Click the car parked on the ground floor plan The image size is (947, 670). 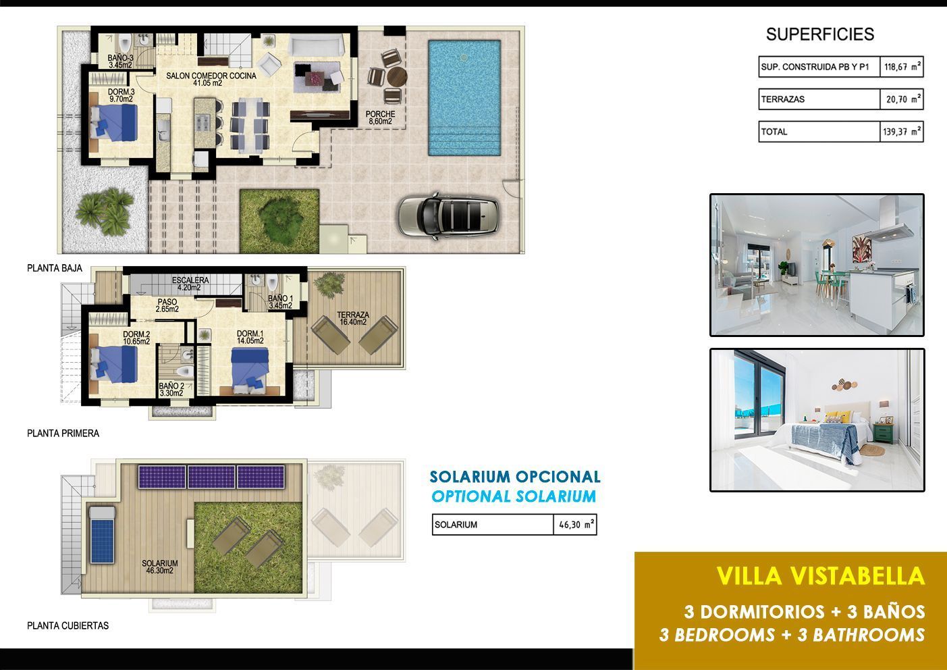click(449, 216)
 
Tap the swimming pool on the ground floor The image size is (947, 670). click(464, 98)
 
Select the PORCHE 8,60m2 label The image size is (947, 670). click(380, 118)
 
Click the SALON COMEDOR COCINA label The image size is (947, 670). click(211, 79)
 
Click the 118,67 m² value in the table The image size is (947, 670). click(902, 66)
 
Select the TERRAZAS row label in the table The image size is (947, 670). click(782, 99)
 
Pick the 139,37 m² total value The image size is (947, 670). click(902, 132)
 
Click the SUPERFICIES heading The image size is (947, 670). click(819, 34)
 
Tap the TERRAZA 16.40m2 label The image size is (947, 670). click(353, 318)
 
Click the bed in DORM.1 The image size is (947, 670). click(250, 367)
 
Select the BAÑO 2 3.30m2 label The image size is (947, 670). click(171, 389)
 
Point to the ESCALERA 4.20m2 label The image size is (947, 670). click(190, 284)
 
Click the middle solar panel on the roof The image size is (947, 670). click(211, 477)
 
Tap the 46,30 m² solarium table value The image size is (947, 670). click(575, 525)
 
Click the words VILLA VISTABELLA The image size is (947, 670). click(821, 575)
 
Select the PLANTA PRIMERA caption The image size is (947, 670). click(63, 433)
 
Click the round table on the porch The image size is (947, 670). click(397, 77)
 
